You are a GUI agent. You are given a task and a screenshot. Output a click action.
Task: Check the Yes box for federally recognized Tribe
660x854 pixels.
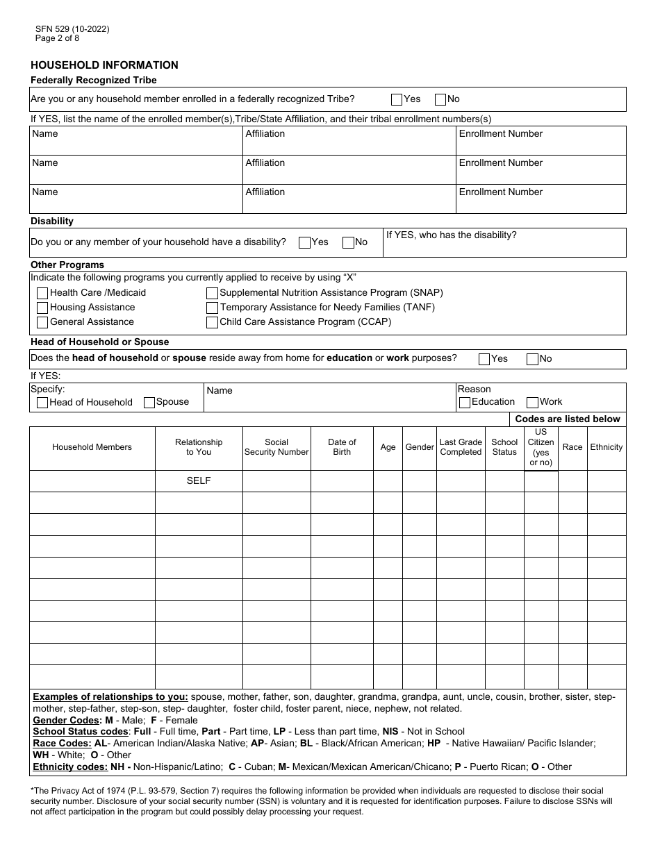pyautogui.click(x=397, y=99)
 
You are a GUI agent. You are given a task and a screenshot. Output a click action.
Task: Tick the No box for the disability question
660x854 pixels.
pyautogui.click(x=348, y=242)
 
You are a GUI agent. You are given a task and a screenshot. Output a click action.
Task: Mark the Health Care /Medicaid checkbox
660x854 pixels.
pyautogui.click(x=42, y=293)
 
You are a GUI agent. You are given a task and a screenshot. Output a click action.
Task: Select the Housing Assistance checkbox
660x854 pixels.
pyautogui.click(x=42, y=308)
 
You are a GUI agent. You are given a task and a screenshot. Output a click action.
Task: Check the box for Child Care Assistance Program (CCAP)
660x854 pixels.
pyautogui.click(x=212, y=322)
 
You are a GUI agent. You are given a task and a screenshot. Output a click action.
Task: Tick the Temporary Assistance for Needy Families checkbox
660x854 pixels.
pyautogui.click(x=212, y=308)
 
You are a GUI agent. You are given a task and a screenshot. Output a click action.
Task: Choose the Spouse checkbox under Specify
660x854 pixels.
pyautogui.click(x=149, y=402)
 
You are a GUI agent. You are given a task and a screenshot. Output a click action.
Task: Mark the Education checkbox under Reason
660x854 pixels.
pyautogui.click(x=465, y=402)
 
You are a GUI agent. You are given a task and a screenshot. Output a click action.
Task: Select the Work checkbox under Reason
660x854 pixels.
pyautogui.click(x=532, y=402)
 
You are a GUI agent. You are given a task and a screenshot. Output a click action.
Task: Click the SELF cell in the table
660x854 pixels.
pyautogui.click(x=199, y=480)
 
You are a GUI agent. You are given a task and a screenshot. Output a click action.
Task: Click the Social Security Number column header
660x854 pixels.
pyautogui.click(x=277, y=447)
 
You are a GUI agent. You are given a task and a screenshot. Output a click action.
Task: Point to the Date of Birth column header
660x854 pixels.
pyautogui.click(x=342, y=447)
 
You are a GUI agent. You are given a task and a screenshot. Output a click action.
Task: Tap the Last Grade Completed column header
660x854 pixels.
pyautogui.click(x=461, y=447)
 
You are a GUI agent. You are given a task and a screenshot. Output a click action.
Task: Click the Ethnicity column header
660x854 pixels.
pyautogui.click(x=606, y=447)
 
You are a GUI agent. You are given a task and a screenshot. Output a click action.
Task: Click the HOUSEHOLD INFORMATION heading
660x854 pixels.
pyautogui.click(x=104, y=65)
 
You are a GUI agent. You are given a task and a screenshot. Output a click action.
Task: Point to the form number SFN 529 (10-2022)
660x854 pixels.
pyautogui.click(x=72, y=29)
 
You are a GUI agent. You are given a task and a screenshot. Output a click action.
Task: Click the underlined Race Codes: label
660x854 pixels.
pyautogui.click(x=62, y=743)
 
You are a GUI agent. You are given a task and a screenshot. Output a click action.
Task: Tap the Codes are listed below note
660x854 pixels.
pyautogui.click(x=567, y=419)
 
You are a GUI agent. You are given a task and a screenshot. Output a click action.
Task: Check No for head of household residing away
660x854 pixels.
pyautogui.click(x=532, y=359)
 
